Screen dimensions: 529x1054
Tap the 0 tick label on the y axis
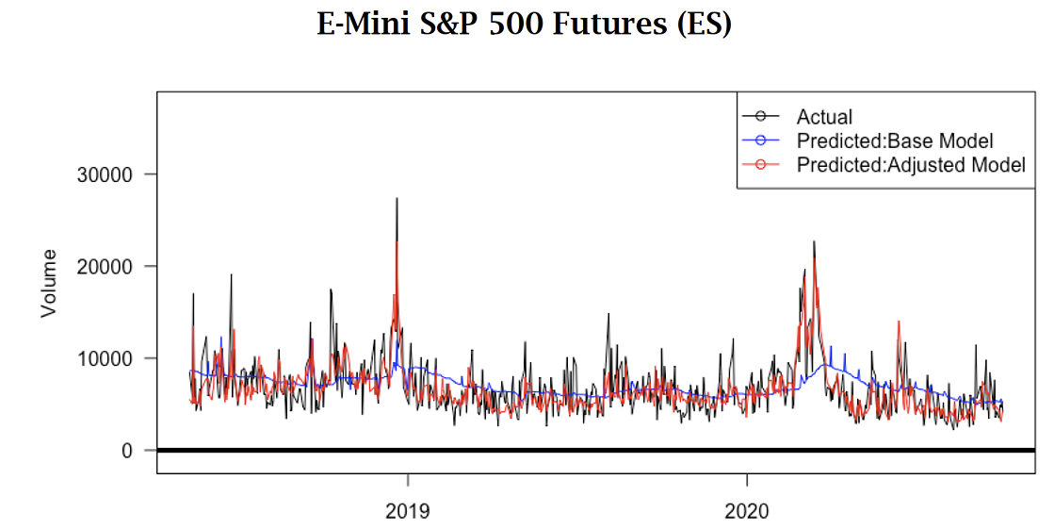[124, 451]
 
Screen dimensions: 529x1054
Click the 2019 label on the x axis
[407, 512]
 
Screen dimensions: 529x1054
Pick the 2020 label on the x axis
[747, 512]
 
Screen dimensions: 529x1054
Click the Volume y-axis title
[48, 283]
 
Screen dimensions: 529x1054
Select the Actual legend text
[824, 117]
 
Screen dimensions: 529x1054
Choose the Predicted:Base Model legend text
[895, 141]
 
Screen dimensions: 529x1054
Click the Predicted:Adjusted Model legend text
[910, 165]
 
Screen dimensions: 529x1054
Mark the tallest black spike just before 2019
[397, 200]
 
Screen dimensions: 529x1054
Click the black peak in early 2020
[814, 242]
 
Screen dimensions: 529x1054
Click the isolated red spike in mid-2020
[899, 322]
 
